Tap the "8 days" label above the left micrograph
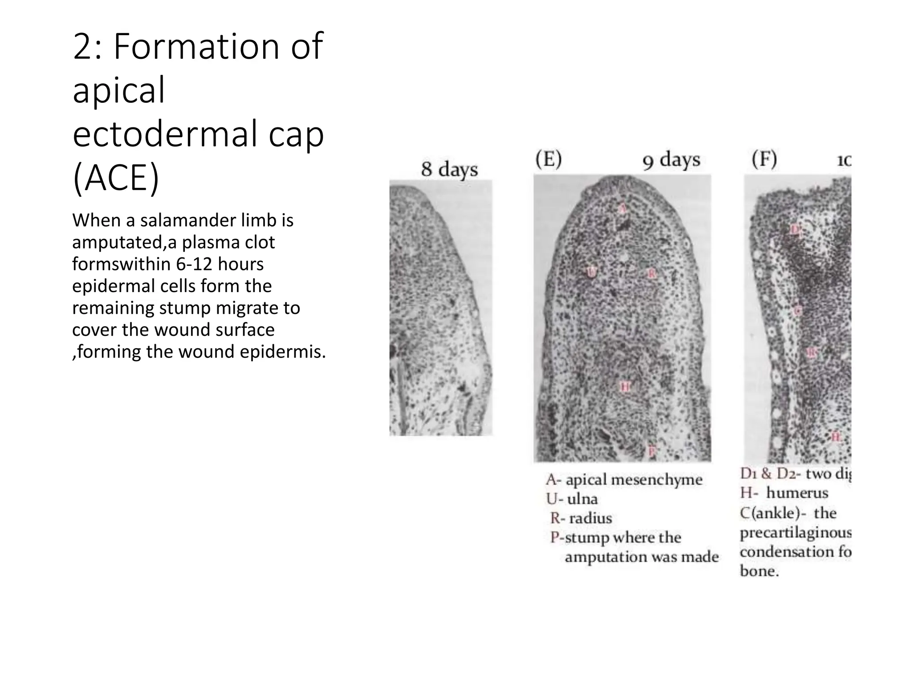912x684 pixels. pyautogui.click(x=449, y=169)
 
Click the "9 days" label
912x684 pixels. pyautogui.click(x=671, y=160)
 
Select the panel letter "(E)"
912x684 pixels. pyautogui.click(x=548, y=159)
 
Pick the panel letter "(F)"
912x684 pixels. pyautogui.click(x=764, y=159)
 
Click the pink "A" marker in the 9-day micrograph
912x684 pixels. pyautogui.click(x=623, y=208)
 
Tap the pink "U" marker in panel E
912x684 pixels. pyautogui.click(x=591, y=272)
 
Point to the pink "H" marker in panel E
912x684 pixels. pyautogui.click(x=625, y=387)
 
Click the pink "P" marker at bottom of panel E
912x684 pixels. pyautogui.click(x=651, y=451)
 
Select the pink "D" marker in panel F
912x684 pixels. pyautogui.click(x=795, y=229)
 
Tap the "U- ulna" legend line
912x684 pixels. pyautogui.click(x=572, y=499)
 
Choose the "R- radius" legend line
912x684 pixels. pyautogui.click(x=581, y=518)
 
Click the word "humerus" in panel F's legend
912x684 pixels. pyautogui.click(x=797, y=493)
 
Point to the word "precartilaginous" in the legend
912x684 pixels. pyautogui.click(x=795, y=533)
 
